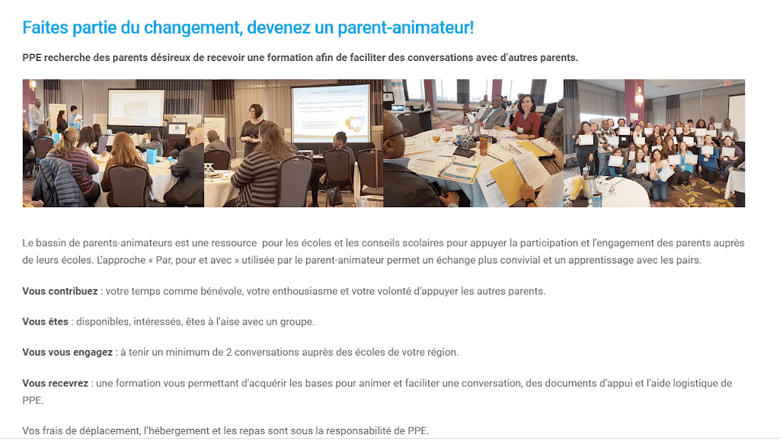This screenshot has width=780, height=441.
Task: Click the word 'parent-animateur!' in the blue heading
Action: click(x=405, y=28)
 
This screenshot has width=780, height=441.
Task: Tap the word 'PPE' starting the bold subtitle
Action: click(x=32, y=58)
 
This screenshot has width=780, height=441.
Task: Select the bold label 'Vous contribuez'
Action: click(x=60, y=292)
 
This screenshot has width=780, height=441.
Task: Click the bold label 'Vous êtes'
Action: click(x=45, y=321)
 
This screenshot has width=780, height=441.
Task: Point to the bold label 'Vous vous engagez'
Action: click(x=68, y=353)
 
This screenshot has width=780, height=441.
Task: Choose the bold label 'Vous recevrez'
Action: click(x=55, y=383)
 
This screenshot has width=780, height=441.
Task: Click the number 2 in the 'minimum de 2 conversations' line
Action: click(x=229, y=353)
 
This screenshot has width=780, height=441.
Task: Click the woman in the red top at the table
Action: click(x=524, y=117)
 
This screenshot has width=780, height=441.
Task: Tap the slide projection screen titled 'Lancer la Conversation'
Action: click(x=331, y=113)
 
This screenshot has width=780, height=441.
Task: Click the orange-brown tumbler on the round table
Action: click(x=482, y=145)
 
